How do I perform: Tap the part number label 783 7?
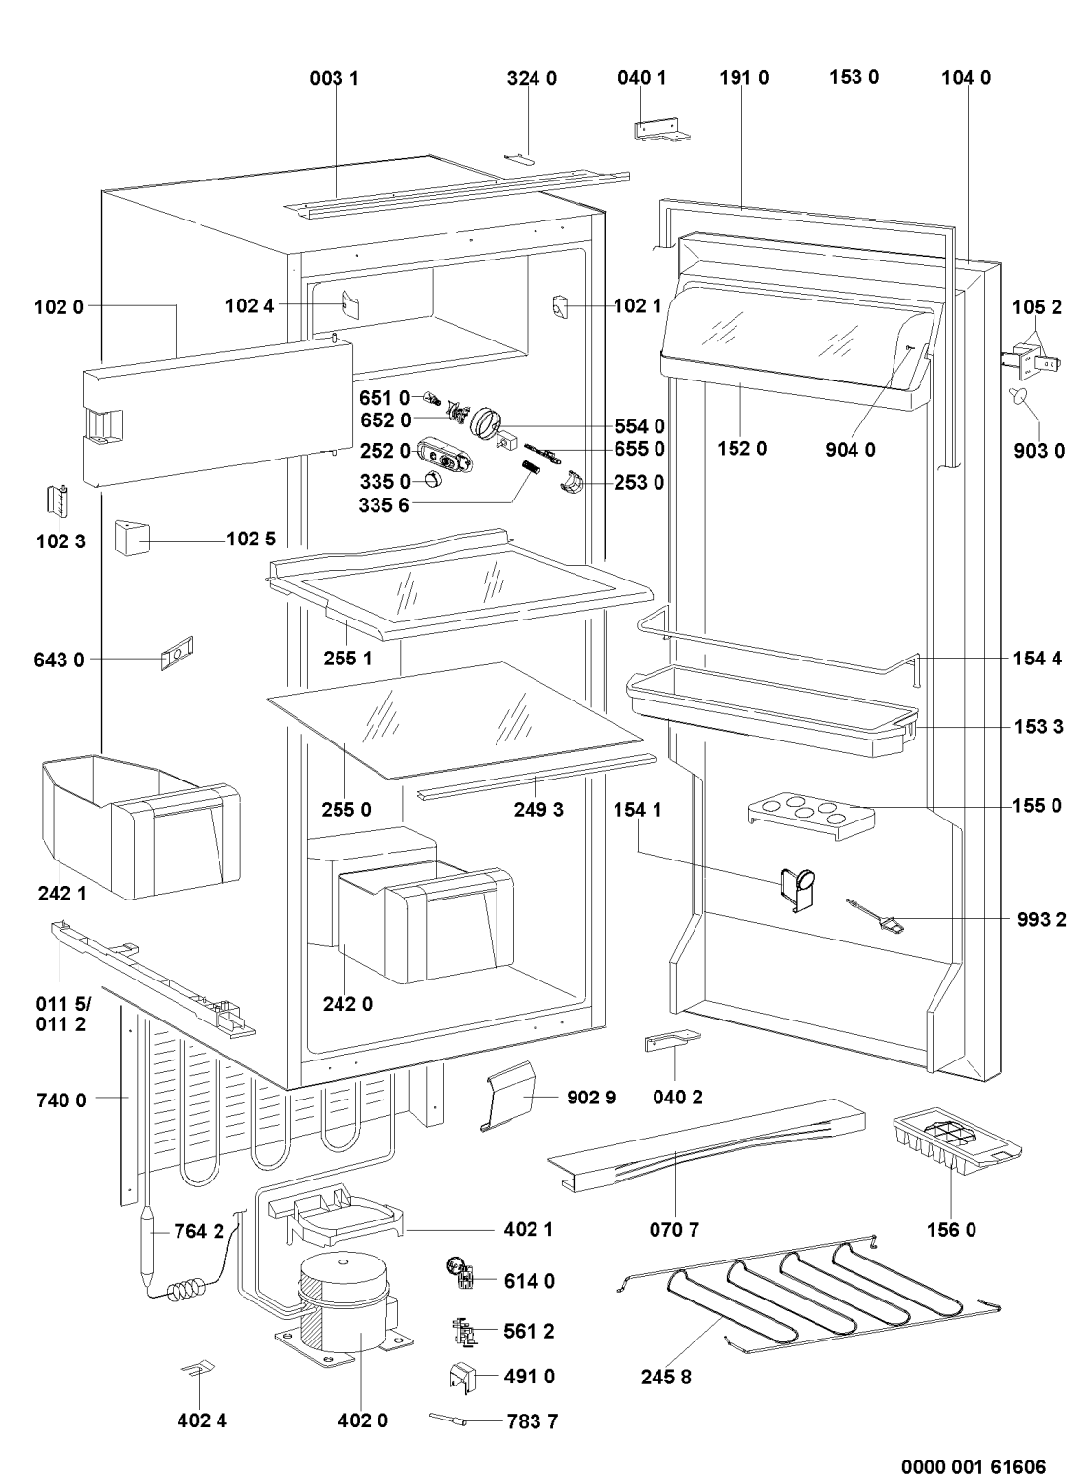(x=533, y=1420)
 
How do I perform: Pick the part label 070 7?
(x=674, y=1230)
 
